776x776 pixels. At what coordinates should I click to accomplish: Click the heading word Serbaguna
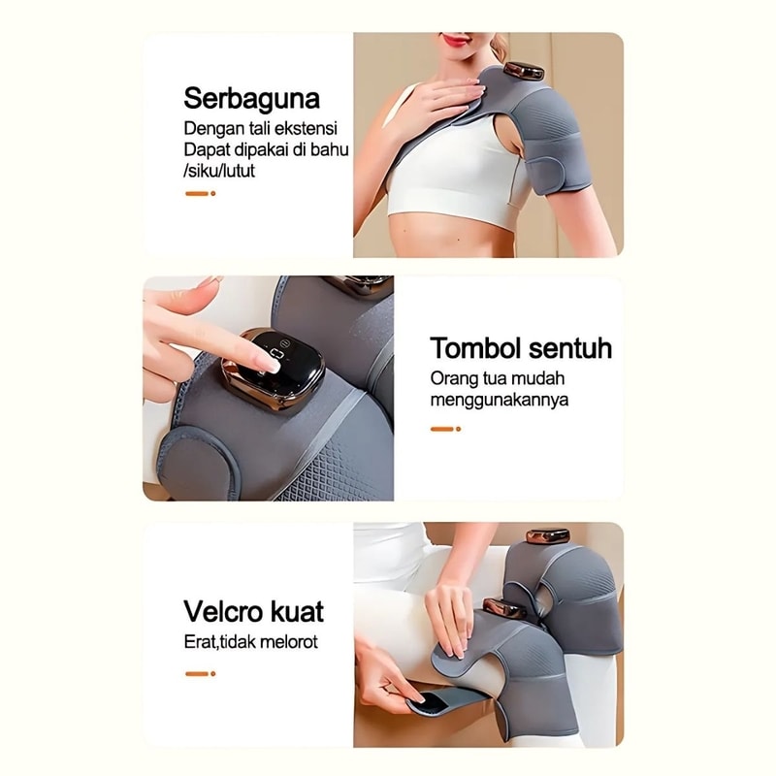(x=251, y=98)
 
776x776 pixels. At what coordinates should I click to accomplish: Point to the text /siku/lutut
(x=219, y=171)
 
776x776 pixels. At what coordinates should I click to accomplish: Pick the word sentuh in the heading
(x=569, y=348)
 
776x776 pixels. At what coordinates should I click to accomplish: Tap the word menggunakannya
(x=499, y=400)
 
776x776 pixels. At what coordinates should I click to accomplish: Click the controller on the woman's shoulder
(x=524, y=71)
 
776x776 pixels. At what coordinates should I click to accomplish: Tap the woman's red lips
(x=456, y=40)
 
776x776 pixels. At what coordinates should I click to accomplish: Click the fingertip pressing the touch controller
(x=272, y=367)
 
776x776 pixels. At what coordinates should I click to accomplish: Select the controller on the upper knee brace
(x=547, y=536)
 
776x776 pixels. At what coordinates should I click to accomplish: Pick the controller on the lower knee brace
(x=503, y=609)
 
